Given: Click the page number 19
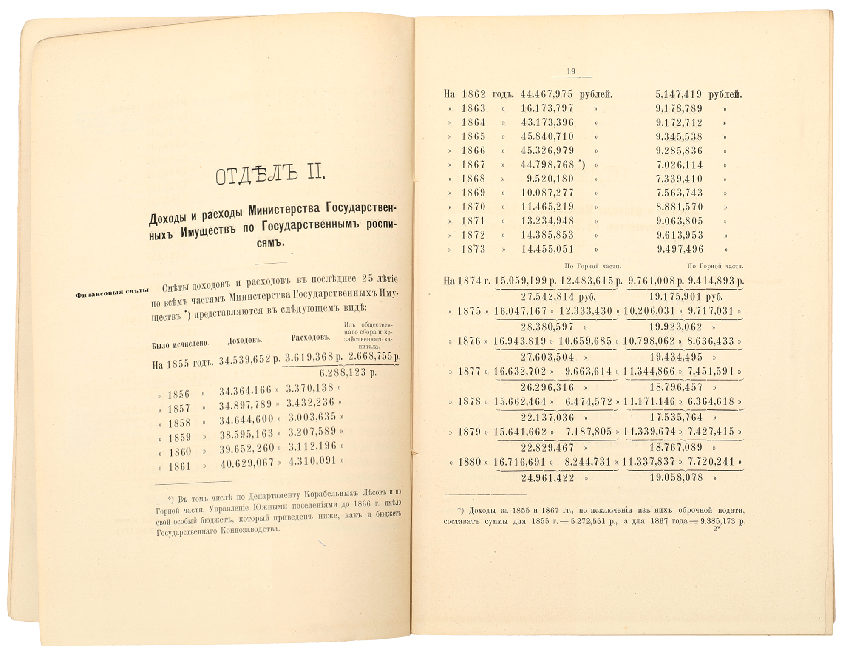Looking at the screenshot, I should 571,71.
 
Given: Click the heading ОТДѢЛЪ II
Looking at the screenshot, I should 271,175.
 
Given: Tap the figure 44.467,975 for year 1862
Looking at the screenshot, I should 547,94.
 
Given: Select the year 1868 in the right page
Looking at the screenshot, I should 473,179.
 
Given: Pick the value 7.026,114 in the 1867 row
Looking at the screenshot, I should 679,165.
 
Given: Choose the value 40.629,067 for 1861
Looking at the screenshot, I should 247,463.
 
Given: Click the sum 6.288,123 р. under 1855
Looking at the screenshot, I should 348,373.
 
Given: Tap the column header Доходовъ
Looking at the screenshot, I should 244,341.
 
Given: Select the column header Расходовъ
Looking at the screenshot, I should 311,338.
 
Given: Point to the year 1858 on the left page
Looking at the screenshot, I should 179,423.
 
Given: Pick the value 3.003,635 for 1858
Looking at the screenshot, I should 312,417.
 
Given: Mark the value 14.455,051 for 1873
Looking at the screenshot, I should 547,249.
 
